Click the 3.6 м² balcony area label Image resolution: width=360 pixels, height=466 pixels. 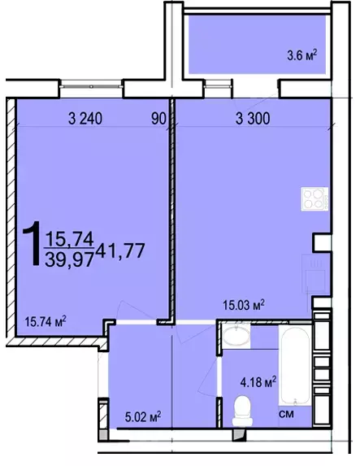[302, 55]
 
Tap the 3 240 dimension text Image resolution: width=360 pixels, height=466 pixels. [85, 119]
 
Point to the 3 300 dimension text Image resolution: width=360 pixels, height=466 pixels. [253, 119]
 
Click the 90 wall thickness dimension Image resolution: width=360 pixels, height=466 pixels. [158, 119]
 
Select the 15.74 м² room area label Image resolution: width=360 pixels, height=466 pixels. [46, 321]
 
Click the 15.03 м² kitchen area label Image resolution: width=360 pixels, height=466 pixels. [244, 305]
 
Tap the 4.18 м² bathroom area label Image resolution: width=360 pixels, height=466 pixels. [258, 381]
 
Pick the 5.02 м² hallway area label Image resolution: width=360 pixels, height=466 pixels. [143, 417]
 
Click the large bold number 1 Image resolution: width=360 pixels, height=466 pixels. [32, 243]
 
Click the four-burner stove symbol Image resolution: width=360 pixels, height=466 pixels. [314, 198]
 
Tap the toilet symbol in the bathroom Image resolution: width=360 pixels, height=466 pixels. [242, 411]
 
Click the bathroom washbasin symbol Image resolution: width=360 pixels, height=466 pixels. [236, 336]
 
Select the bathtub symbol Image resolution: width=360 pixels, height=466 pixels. [295, 365]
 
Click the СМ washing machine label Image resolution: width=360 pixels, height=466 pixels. [287, 414]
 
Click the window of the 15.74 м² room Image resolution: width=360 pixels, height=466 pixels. [91, 86]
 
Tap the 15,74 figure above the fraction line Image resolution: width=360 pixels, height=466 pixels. [69, 239]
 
